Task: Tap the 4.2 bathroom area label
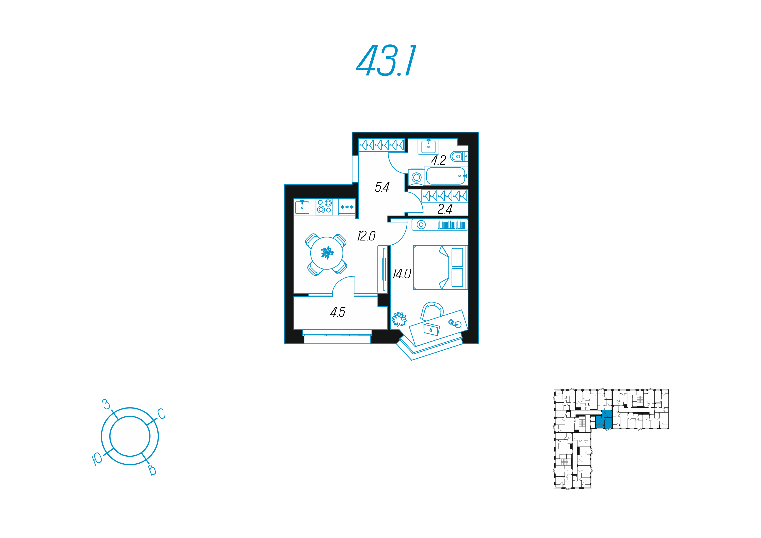pos(438,160)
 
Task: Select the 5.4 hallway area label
pos(382,188)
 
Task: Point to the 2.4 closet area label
pos(445,209)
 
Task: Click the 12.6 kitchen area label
pos(366,236)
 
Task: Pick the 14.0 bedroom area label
pos(402,274)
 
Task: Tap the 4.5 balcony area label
pos(337,312)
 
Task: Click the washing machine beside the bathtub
pos(416,177)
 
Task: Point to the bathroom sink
pos(428,146)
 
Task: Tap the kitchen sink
pos(302,207)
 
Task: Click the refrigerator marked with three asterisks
pos(347,207)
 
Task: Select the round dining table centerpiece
pos(327,253)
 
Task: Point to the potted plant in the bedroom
pos(399,319)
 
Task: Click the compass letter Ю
pos(97,459)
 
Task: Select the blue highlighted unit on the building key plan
pos(604,420)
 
